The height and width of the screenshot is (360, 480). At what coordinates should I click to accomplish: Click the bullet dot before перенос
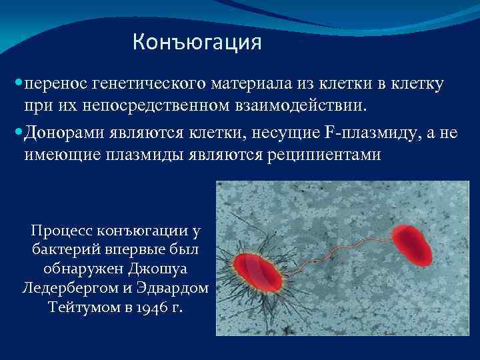pos(17,85)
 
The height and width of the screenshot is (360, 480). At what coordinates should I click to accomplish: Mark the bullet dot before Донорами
pos(17,134)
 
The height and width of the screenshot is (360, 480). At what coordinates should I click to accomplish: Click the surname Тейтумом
pos(79,308)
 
